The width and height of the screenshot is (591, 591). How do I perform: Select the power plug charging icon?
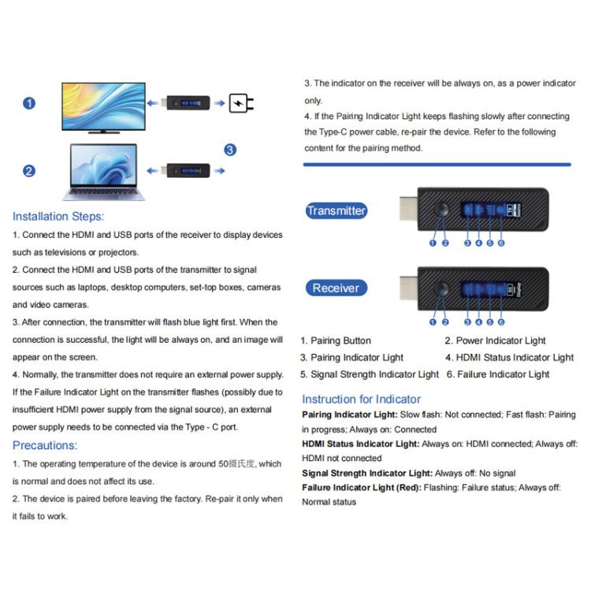point(241,103)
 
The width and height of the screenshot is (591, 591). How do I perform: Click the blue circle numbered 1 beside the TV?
point(29,103)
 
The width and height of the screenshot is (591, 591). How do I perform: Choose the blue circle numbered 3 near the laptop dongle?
point(229,150)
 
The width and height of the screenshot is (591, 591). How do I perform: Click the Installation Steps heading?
point(58,216)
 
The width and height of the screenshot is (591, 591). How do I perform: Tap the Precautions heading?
point(44,445)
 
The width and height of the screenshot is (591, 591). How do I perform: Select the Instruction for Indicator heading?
point(361,399)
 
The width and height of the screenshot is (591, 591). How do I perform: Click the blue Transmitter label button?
point(336,210)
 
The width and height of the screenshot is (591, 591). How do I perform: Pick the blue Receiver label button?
point(336,288)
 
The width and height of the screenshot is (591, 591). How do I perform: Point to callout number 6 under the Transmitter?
point(501,243)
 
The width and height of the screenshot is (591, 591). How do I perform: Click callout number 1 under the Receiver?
point(433,322)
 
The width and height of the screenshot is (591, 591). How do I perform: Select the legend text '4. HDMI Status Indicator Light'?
point(509,358)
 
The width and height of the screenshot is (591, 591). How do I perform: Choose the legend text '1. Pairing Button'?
point(336,340)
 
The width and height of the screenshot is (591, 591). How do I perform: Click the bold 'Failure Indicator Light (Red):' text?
point(361,488)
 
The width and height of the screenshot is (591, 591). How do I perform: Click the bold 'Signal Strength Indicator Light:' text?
point(367,473)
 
